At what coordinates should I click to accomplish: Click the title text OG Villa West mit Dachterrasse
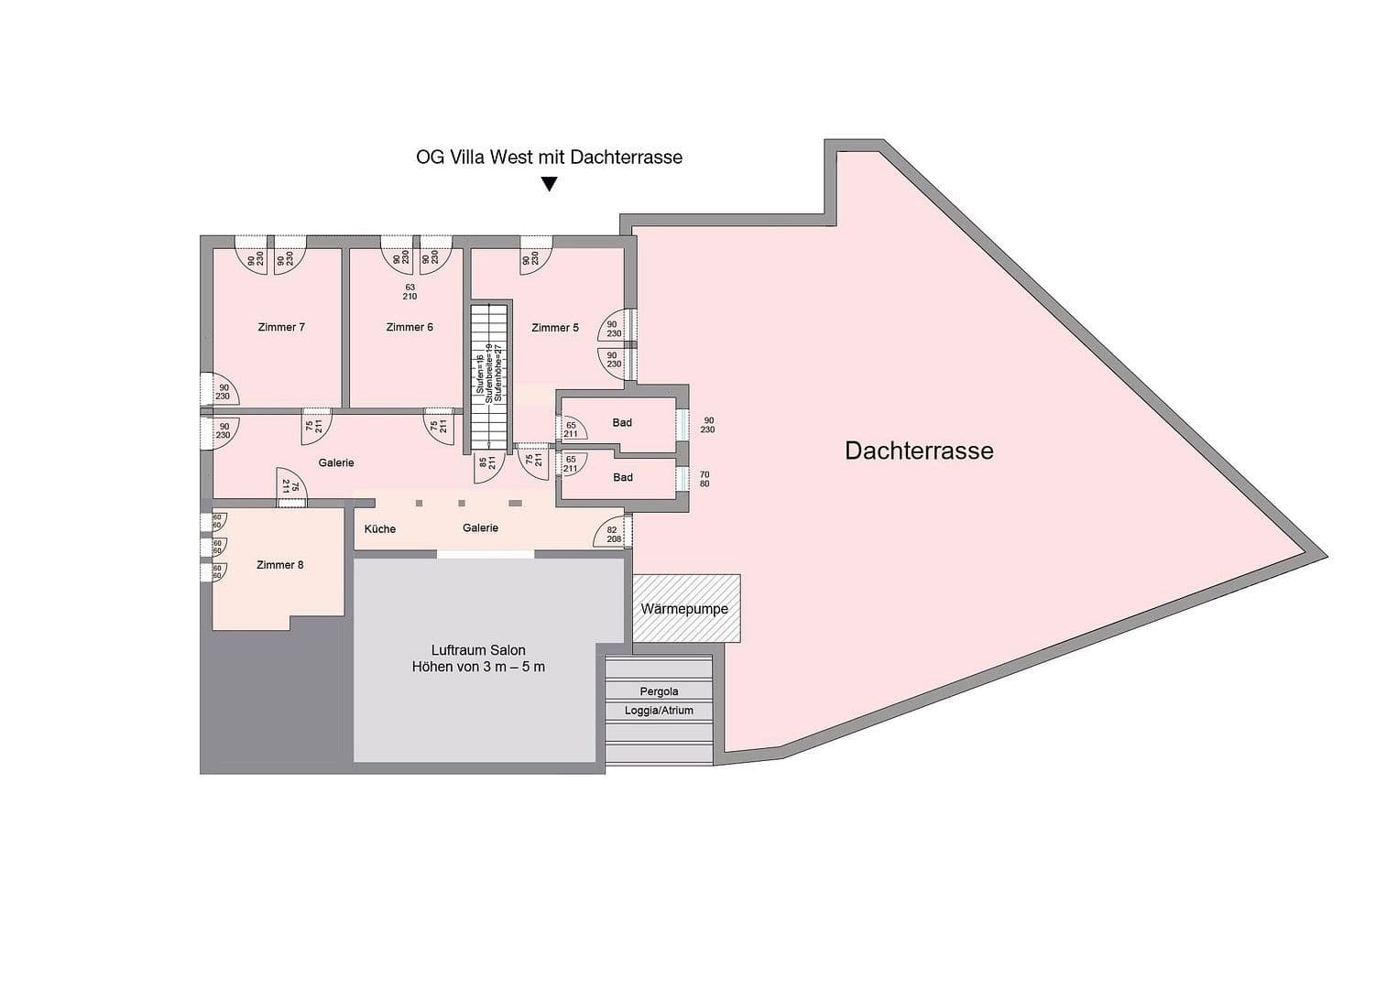[x=549, y=157]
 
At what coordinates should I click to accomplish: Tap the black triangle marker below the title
[x=549, y=184]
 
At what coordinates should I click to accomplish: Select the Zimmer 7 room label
[x=281, y=327]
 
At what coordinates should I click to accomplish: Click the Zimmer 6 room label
[x=410, y=327]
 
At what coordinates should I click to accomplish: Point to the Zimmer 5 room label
[x=555, y=327]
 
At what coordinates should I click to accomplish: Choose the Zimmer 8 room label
[x=279, y=565]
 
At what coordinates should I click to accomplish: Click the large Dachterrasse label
[x=919, y=451]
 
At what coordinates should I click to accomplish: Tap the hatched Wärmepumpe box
[x=685, y=609]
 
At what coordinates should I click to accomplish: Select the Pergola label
[x=659, y=691]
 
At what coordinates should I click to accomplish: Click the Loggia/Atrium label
[x=659, y=711]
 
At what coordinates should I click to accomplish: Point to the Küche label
[x=380, y=528]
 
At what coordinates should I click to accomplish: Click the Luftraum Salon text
[x=478, y=650]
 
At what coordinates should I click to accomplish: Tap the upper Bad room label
[x=622, y=422]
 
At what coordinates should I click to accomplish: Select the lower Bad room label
[x=622, y=477]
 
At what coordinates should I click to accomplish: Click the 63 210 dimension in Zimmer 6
[x=410, y=292]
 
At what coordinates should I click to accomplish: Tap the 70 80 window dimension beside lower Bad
[x=704, y=479]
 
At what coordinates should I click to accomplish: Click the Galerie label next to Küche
[x=480, y=527]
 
